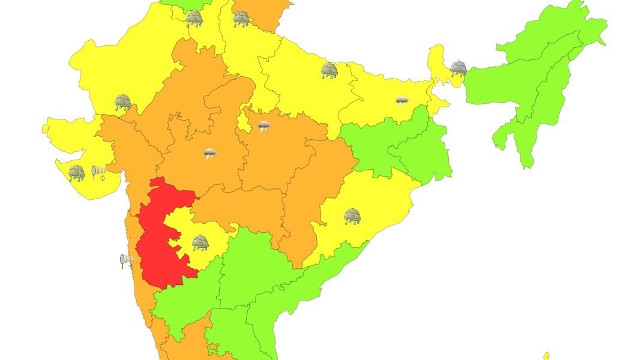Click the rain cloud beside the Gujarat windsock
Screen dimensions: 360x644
pos(76,173)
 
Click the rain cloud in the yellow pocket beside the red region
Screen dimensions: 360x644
pos(200,242)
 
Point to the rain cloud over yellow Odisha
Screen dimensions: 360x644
pos(352,216)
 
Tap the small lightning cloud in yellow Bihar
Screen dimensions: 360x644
pos(402,100)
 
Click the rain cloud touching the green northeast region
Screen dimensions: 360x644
pos(459,68)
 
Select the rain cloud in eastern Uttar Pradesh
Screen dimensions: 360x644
pos(329,71)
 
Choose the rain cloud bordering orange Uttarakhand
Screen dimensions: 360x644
pos(241,19)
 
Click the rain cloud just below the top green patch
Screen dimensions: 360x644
pos(194,19)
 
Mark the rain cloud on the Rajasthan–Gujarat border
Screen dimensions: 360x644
pos(123,102)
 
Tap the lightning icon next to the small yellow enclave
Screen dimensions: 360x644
pos(263,126)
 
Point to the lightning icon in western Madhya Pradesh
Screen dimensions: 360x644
pos(209,154)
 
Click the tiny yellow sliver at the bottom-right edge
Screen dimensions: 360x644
pos(546,356)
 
